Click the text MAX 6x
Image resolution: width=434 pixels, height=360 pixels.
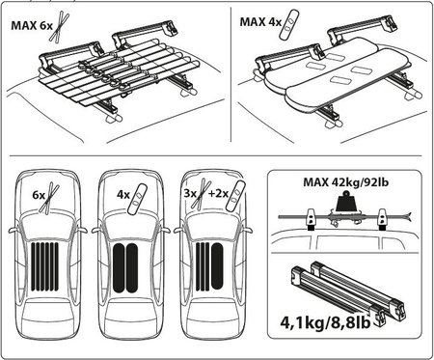(32, 25)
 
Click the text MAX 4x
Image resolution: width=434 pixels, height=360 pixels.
(260, 22)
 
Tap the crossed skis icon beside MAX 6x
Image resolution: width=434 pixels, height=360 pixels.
(60, 26)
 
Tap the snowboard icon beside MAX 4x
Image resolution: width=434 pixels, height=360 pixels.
(290, 24)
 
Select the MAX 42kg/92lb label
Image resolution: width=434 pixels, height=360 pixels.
(346, 182)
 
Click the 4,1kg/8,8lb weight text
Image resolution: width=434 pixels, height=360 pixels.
(325, 322)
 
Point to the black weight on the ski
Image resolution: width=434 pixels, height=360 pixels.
(346, 202)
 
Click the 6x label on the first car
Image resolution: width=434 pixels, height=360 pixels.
(39, 195)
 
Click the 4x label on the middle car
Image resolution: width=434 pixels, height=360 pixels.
(123, 195)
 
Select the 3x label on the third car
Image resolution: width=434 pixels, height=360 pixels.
(190, 193)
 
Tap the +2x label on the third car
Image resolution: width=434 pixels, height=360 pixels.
(219, 193)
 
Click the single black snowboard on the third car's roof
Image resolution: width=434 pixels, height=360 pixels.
(217, 266)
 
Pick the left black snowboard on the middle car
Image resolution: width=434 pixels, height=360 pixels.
(119, 268)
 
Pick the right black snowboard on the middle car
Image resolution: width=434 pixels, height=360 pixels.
(132, 268)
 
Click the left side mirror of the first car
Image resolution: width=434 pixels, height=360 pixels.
(14, 230)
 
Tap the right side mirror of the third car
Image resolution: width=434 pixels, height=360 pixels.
(247, 231)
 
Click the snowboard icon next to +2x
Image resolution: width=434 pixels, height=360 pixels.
(235, 196)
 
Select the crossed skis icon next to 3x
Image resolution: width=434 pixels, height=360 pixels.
(202, 194)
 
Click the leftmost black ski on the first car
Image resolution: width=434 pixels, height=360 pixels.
(33, 266)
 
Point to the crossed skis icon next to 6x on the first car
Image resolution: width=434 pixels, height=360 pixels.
(49, 198)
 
